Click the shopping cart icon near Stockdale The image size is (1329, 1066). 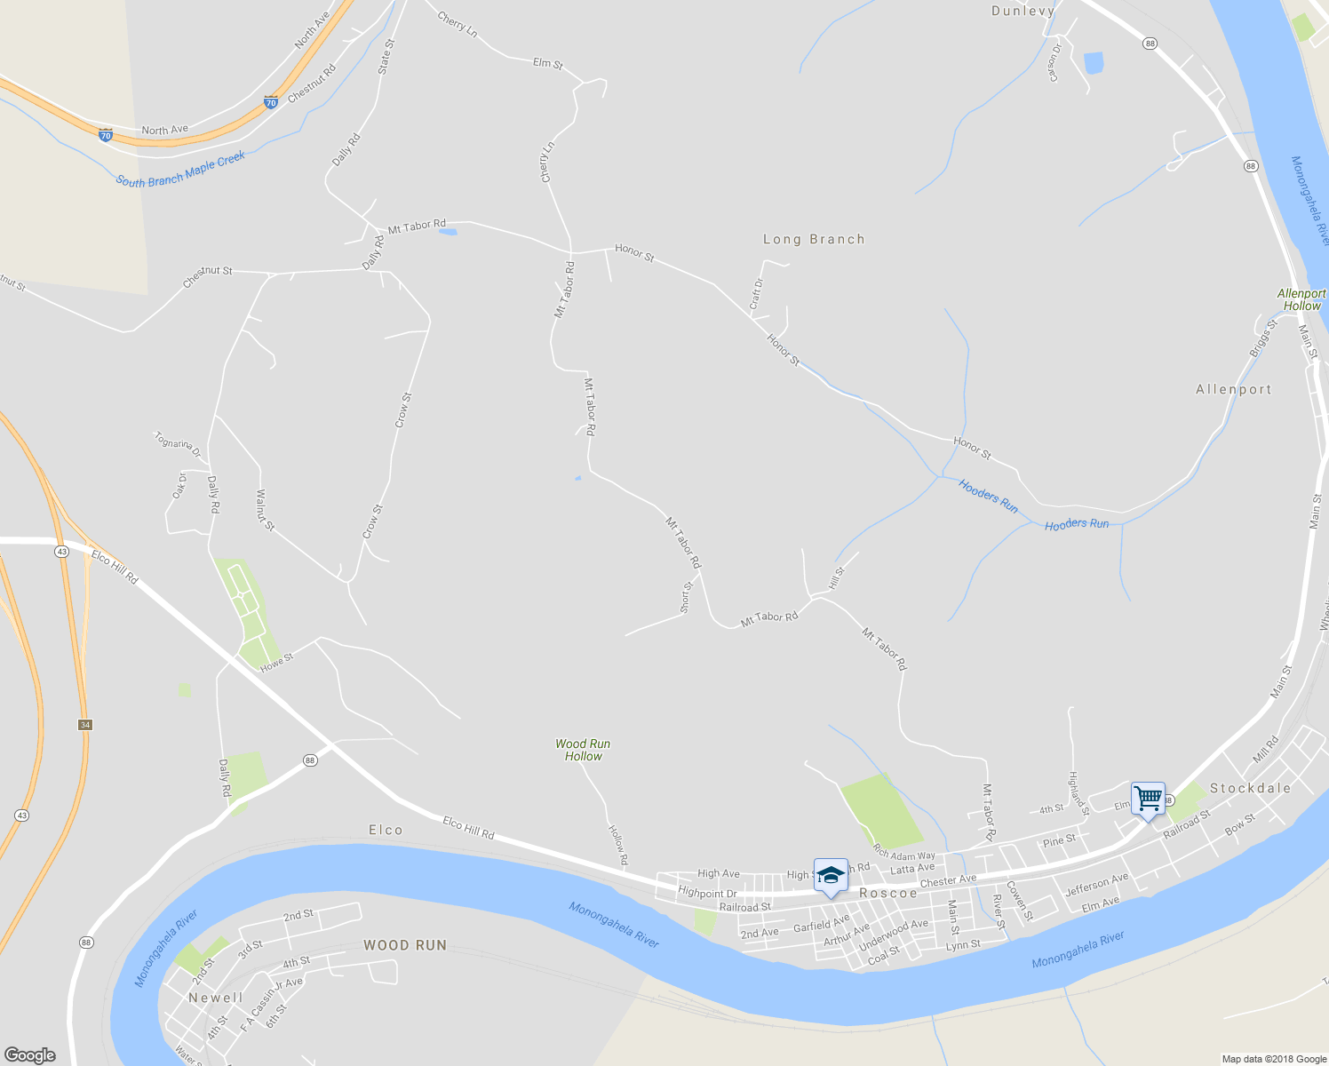tap(1148, 799)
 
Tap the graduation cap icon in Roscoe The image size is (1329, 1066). tap(831, 875)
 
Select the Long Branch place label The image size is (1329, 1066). tap(814, 239)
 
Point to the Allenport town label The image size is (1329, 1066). tap(1233, 389)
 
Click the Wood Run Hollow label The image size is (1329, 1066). tap(583, 750)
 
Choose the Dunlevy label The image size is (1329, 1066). tap(1023, 11)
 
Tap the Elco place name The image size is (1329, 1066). tap(386, 830)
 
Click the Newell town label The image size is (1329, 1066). tap(215, 998)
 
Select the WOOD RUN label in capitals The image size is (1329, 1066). tap(404, 945)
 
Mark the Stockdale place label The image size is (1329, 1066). tap(1250, 788)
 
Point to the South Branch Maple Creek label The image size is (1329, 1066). tap(180, 170)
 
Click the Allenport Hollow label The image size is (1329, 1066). tap(1301, 299)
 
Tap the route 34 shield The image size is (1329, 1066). tap(84, 725)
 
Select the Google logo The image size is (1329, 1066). tap(30, 1054)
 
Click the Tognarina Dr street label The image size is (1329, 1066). tap(178, 444)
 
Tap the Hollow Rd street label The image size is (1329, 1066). tap(617, 845)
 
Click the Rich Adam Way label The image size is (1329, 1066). tap(904, 854)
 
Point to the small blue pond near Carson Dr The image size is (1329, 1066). tap(1094, 63)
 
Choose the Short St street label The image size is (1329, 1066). tap(686, 597)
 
